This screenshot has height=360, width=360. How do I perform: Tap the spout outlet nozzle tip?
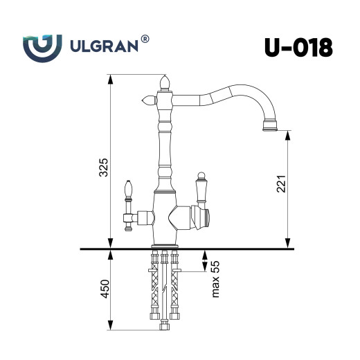tap(269, 127)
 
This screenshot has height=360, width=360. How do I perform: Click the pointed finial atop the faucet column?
tap(165, 82)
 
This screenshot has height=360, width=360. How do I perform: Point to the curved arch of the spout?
tap(235, 88)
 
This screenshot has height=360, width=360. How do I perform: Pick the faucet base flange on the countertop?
tap(165, 244)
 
